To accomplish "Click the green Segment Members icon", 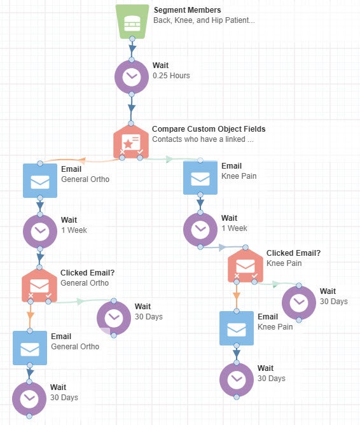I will point(132,21).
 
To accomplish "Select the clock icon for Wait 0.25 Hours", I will point(132,76).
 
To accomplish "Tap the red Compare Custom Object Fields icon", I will point(131,141).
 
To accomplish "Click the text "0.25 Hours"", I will point(171,76).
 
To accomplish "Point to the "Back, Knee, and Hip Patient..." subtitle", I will point(204,20).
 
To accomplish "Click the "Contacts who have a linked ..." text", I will point(203,139).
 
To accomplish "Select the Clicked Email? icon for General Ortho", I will point(39,284).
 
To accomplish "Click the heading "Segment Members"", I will point(186,10).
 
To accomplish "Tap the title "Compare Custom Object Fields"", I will point(209,129).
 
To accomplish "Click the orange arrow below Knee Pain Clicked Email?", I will point(237,295).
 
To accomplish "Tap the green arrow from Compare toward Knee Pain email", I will point(169,159).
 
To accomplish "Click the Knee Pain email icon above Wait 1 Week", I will point(200,178).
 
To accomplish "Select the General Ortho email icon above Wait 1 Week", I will point(39,181).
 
